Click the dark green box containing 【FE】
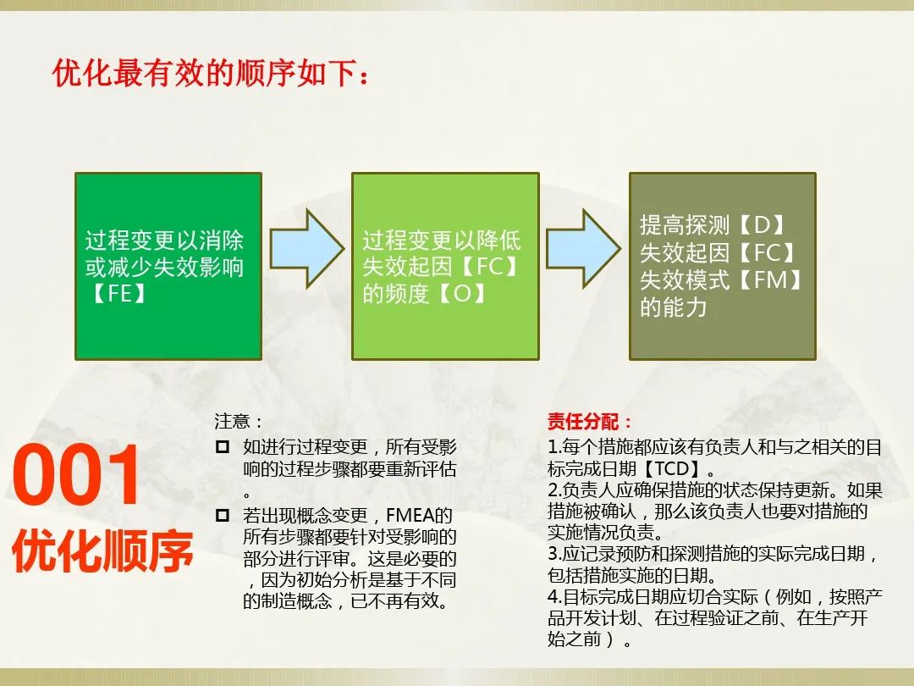tap(168, 266)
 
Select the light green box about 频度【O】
tap(445, 266)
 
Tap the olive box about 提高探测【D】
tap(722, 266)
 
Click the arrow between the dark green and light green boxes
tap(306, 246)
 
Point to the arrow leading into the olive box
tap(583, 246)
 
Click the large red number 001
tap(77, 478)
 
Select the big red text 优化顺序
tap(102, 551)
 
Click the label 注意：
tap(239, 421)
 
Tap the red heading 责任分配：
tap(590, 421)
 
